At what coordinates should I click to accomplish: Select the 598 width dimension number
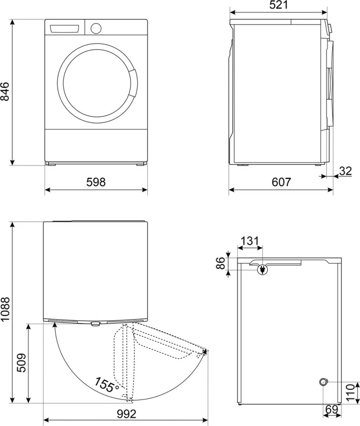tap(96, 182)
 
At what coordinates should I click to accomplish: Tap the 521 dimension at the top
tap(279, 6)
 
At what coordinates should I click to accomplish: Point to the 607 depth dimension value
tap(281, 182)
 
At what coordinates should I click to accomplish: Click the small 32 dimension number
tap(345, 171)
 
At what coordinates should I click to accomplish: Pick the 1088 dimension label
tap(6, 312)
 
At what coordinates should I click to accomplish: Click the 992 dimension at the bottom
tap(125, 414)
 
